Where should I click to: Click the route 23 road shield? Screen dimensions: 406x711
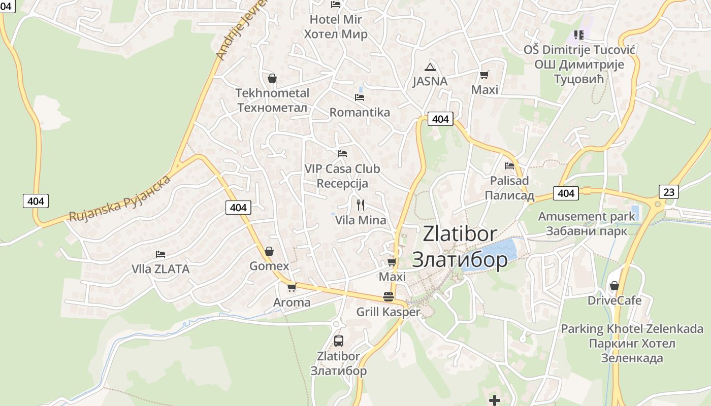(x=669, y=192)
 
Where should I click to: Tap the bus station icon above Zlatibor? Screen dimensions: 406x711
(x=339, y=341)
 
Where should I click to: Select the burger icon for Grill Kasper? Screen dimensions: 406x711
(x=389, y=297)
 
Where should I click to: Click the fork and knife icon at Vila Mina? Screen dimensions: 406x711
(x=361, y=205)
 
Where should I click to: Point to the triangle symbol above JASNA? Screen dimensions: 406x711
(x=430, y=67)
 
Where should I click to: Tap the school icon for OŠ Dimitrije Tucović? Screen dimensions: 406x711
(x=579, y=35)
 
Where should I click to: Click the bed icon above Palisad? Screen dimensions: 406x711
(x=509, y=165)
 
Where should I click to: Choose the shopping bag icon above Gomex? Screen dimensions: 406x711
(x=269, y=251)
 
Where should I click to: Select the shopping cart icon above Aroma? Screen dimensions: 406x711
(x=292, y=287)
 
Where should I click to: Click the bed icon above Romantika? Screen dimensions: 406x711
(x=360, y=97)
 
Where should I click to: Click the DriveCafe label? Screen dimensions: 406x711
(x=615, y=300)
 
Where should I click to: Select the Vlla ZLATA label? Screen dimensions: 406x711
(x=160, y=269)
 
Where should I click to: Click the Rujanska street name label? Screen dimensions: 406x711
(x=119, y=199)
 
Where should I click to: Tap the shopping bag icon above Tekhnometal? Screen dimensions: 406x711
(x=272, y=78)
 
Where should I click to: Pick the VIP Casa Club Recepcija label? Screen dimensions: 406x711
(x=342, y=176)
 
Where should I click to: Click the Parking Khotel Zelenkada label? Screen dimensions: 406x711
(x=632, y=343)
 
